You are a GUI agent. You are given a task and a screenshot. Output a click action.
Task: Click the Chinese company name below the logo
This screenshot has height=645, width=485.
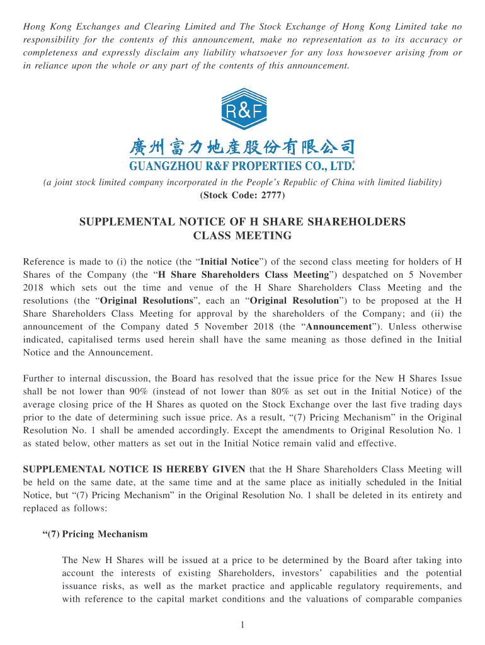242,147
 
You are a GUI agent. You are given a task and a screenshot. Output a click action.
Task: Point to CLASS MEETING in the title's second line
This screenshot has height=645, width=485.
243,236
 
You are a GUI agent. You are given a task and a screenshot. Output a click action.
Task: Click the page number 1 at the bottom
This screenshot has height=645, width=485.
243,624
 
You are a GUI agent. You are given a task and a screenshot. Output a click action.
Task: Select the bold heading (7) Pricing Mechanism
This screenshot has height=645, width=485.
95,534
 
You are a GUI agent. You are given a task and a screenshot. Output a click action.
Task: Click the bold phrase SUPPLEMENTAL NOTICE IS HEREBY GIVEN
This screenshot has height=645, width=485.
135,469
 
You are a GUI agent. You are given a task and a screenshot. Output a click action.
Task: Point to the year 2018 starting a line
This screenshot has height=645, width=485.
35,287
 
